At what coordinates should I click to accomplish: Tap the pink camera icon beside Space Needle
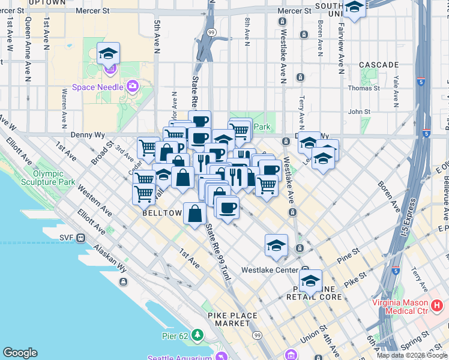point(132,86)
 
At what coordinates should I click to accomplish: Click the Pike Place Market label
point(232,319)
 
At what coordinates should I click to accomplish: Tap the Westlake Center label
point(270,270)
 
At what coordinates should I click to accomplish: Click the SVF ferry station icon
point(80,237)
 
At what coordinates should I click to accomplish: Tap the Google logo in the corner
point(20,353)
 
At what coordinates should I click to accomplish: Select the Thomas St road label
point(364,88)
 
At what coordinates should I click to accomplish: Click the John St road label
point(359,111)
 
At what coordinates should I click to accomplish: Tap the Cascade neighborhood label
point(379,64)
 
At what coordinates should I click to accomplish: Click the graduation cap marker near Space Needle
point(109,54)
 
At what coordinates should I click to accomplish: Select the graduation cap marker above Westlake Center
point(276,245)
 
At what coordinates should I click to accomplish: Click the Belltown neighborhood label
point(162,213)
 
